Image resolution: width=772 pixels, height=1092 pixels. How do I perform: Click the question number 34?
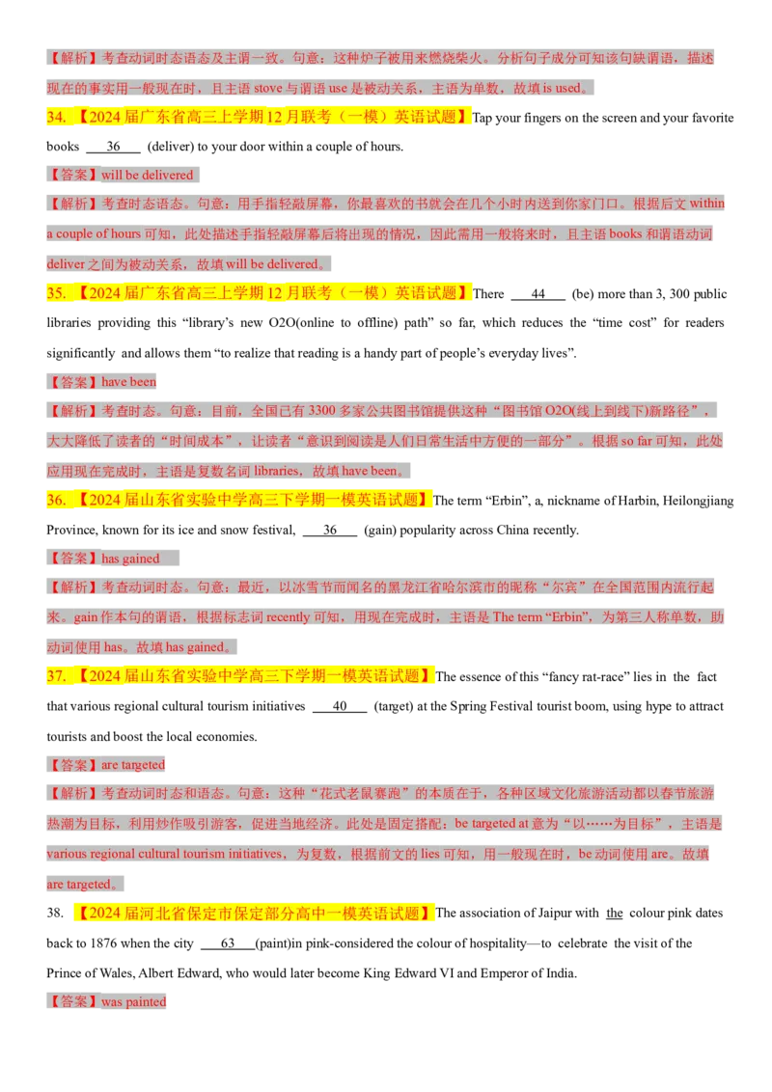click(56, 117)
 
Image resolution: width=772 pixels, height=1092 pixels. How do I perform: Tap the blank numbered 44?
click(538, 294)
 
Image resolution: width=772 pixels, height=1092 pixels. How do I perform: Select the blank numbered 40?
click(340, 707)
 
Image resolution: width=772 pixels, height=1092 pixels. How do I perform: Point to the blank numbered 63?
click(227, 943)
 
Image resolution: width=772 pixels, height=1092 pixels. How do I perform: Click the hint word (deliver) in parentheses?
click(170, 147)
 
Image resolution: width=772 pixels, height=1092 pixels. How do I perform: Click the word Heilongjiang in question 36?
click(698, 501)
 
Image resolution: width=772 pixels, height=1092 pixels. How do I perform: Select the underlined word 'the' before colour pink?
click(615, 913)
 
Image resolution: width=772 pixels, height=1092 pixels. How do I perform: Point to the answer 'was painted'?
click(134, 1001)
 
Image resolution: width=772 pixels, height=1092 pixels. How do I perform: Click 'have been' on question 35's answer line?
click(129, 382)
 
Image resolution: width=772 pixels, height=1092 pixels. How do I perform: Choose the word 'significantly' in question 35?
click(81, 353)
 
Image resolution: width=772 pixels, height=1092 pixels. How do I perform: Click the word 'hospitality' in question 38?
click(495, 943)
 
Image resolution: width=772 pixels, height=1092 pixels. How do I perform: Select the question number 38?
click(55, 913)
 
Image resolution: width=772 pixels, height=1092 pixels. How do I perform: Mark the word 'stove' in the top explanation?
click(268, 89)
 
